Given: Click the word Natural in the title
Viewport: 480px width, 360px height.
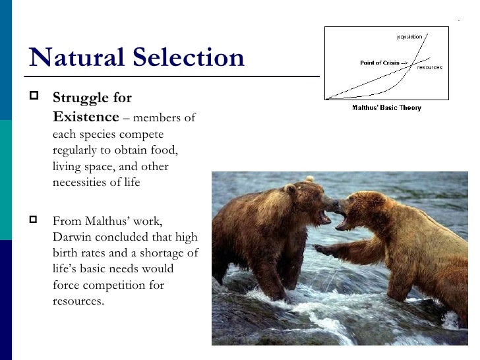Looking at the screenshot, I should tap(73, 58).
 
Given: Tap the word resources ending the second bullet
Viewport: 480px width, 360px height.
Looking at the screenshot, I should tap(78, 302).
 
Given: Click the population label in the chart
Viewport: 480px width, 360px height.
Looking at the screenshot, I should tap(409, 36).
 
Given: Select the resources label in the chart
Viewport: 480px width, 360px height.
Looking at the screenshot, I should tap(429, 67).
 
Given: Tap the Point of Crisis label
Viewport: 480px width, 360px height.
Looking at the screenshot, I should tap(383, 63).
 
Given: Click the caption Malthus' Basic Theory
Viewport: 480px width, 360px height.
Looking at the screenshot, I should tap(386, 107).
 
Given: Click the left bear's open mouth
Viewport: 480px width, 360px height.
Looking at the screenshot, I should tap(325, 216).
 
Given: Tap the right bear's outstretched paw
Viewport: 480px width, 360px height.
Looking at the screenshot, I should tap(322, 250).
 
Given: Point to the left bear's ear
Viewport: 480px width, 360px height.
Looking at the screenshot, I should tap(291, 189).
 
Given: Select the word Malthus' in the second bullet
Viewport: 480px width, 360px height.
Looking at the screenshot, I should tap(103, 221).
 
